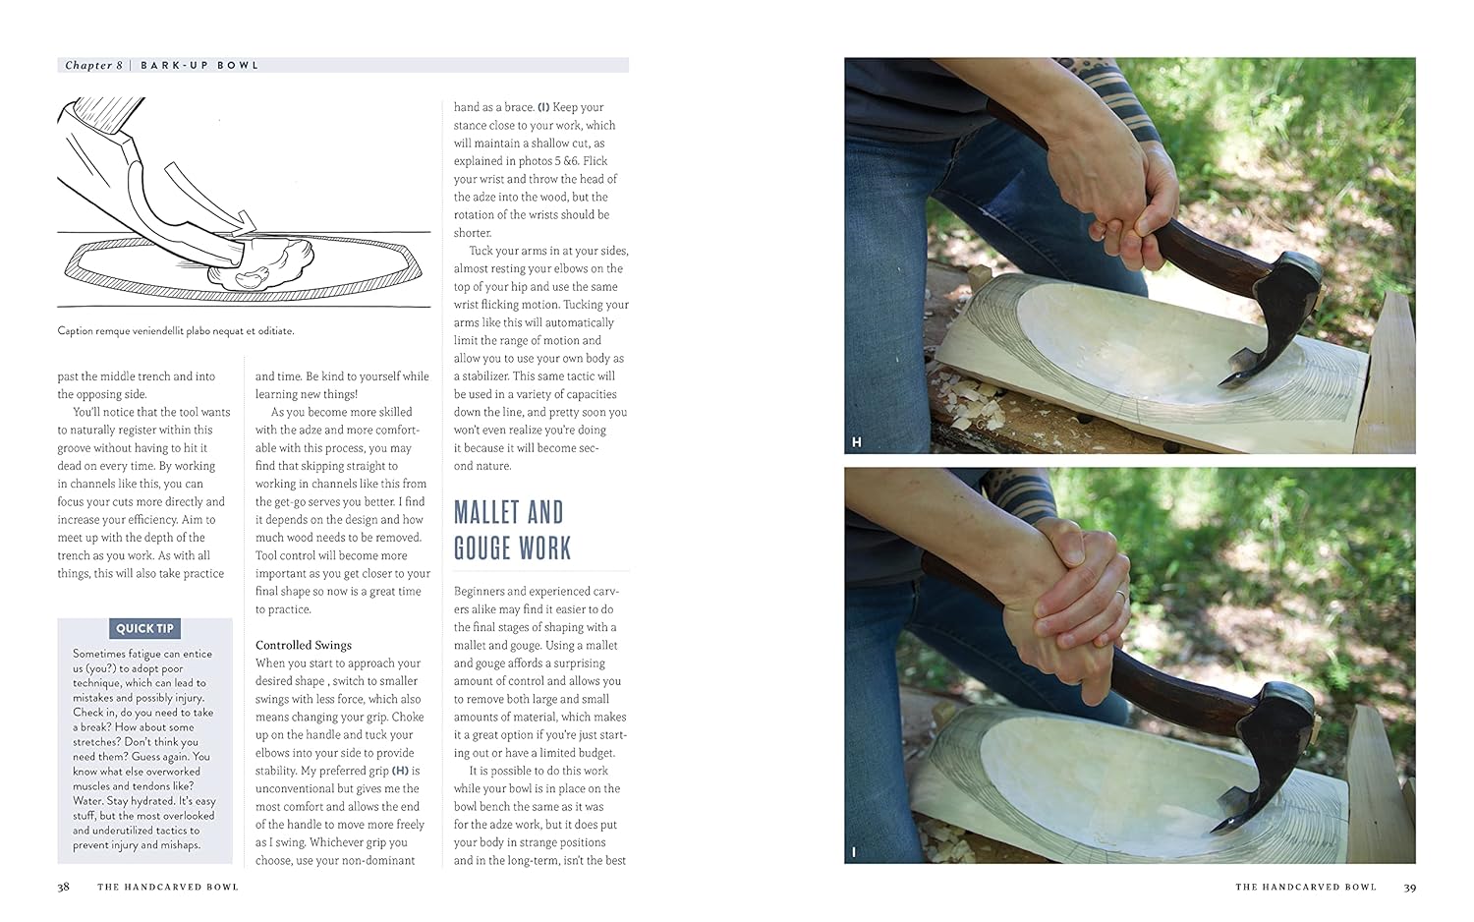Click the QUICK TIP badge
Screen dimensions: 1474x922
pyautogui.click(x=144, y=628)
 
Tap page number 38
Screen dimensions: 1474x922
pyautogui.click(x=63, y=888)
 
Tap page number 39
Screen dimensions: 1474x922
pyautogui.click(x=1409, y=888)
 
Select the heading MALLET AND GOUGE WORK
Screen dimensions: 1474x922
pyautogui.click(x=513, y=531)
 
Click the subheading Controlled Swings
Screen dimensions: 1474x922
pyautogui.click(x=304, y=645)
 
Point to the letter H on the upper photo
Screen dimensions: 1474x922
pyautogui.click(x=856, y=442)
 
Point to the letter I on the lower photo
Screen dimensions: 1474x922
pyautogui.click(x=854, y=852)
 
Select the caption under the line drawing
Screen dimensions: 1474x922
pyautogui.click(x=176, y=331)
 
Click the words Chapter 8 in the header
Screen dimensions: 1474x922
pyautogui.click(x=93, y=65)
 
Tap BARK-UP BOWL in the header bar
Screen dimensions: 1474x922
pyautogui.click(x=199, y=65)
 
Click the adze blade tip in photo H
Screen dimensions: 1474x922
pyautogui.click(x=1219, y=383)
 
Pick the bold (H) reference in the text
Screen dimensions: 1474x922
pyautogui.click(x=400, y=771)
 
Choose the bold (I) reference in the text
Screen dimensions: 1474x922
pyautogui.click(x=543, y=107)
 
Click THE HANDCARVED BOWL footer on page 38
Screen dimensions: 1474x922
pyautogui.click(x=168, y=888)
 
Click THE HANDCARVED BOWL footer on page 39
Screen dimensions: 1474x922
pyautogui.click(x=1306, y=888)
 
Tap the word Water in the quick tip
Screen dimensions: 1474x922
pyautogui.click(x=87, y=801)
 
